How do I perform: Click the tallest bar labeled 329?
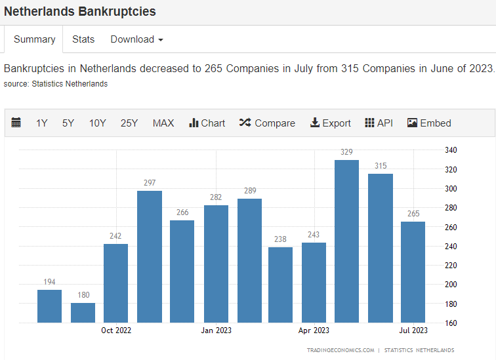(346, 241)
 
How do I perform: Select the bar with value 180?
(83, 313)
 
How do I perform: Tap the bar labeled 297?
(150, 256)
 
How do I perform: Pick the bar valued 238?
(280, 285)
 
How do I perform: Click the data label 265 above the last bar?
(413, 214)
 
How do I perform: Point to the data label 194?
(49, 281)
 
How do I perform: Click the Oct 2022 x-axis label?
(116, 330)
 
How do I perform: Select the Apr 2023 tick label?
(314, 330)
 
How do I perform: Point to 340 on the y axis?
(451, 150)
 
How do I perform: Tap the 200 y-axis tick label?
(451, 285)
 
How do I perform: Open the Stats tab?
(83, 39)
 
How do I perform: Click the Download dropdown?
(136, 39)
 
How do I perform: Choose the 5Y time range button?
(68, 123)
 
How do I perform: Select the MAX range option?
(163, 123)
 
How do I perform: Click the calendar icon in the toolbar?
(16, 123)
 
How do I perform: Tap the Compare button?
(267, 123)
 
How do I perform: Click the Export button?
(331, 123)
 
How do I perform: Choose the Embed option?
(429, 123)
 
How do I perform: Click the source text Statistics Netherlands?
(70, 84)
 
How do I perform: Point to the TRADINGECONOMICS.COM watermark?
(341, 350)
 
